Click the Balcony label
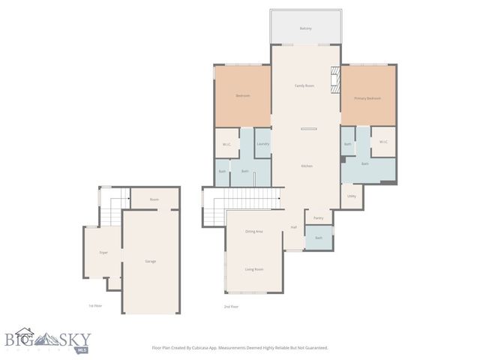point(305,28)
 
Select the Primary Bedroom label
point(368,98)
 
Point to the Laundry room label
point(262,143)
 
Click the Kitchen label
point(306,166)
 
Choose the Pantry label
point(318,218)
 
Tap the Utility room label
point(351,196)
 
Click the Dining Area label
point(253,231)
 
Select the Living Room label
point(253,268)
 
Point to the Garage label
point(151,261)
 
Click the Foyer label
point(103,253)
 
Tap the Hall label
point(294,227)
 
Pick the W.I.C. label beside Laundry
point(226,145)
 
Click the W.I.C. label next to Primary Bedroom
point(382,142)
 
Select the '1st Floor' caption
point(95,307)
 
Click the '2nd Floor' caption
point(231,307)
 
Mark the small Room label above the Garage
point(154,199)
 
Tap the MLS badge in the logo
point(81,349)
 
